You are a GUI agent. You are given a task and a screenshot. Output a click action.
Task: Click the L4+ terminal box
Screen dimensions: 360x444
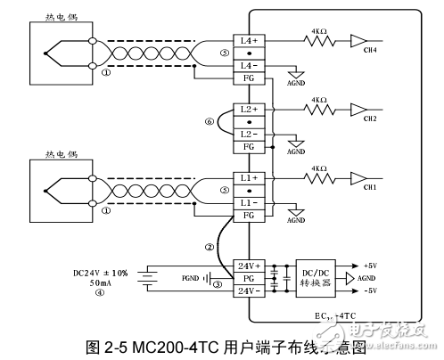click(x=250, y=41)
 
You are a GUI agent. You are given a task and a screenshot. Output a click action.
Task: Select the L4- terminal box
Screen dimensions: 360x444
click(x=250, y=66)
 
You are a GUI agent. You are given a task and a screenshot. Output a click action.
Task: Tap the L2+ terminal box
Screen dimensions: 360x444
click(x=250, y=110)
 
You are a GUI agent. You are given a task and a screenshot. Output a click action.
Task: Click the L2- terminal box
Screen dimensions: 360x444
click(x=250, y=134)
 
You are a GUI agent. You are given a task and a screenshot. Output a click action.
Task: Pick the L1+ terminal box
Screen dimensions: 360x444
click(x=250, y=178)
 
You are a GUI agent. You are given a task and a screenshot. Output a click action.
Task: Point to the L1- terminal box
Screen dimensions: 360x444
click(x=250, y=202)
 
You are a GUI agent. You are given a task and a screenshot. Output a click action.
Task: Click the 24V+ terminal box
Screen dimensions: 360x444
click(x=250, y=266)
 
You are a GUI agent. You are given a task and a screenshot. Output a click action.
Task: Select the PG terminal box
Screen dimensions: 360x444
click(x=250, y=278)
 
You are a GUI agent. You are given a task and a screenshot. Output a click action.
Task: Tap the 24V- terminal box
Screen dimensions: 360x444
click(x=250, y=291)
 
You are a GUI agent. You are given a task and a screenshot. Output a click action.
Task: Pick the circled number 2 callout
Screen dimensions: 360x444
click(x=210, y=247)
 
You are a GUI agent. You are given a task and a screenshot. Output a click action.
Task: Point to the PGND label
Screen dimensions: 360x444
click(x=190, y=278)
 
